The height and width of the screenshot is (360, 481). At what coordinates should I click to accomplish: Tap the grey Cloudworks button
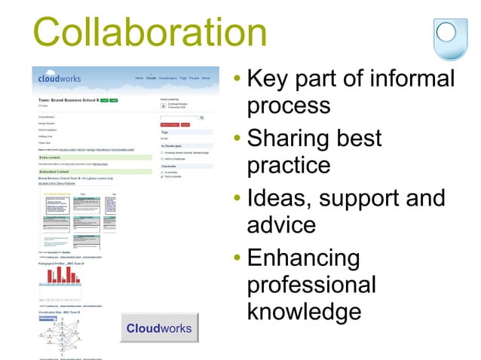[x=158, y=329]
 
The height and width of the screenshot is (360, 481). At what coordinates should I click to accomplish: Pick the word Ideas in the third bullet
[x=277, y=199]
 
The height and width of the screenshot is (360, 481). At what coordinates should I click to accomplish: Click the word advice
[x=281, y=225]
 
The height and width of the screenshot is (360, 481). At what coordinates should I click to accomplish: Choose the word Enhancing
[x=303, y=258]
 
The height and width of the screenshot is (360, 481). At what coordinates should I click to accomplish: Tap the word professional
[x=311, y=285]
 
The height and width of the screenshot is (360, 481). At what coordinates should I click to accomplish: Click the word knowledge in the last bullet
[x=304, y=312]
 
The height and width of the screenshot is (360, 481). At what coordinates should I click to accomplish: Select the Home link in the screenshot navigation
[x=139, y=78]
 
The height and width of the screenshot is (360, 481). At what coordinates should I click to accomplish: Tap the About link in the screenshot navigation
[x=206, y=78]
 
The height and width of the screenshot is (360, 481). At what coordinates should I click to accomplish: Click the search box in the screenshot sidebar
[x=178, y=118]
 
